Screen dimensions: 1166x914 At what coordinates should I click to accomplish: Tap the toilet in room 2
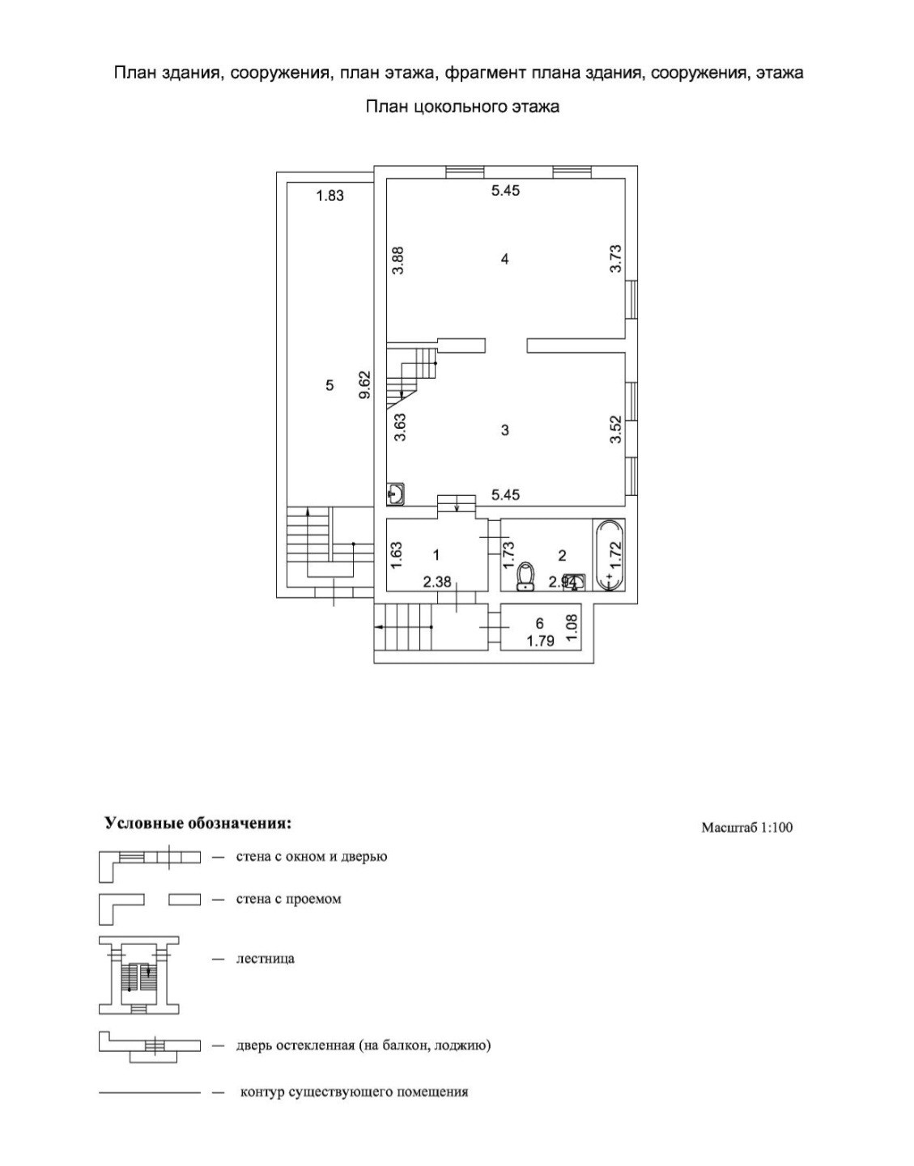pyautogui.click(x=526, y=575)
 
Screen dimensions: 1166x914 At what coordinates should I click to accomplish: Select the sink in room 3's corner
pyautogui.click(x=396, y=493)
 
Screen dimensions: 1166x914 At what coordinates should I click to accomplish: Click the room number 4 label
pyautogui.click(x=505, y=259)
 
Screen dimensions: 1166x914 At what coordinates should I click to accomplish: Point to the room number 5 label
pyautogui.click(x=329, y=385)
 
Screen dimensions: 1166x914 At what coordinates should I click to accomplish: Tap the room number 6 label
pyautogui.click(x=539, y=623)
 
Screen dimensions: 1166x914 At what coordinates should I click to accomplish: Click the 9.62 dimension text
pyautogui.click(x=365, y=384)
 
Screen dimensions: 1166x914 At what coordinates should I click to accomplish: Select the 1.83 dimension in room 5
pyautogui.click(x=330, y=195)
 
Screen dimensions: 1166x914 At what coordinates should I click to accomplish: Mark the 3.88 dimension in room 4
pyautogui.click(x=398, y=261)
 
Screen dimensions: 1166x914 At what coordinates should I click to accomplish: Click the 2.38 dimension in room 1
pyautogui.click(x=438, y=581)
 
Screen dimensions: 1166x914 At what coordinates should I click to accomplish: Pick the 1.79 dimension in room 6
pyautogui.click(x=540, y=642)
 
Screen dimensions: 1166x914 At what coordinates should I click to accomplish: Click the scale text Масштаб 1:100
pyautogui.click(x=746, y=827)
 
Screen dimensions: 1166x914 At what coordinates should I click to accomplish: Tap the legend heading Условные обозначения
pyautogui.click(x=198, y=823)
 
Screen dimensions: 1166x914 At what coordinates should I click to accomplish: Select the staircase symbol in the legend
pyautogui.click(x=138, y=976)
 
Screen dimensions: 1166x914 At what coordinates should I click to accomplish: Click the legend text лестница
pyautogui.click(x=265, y=959)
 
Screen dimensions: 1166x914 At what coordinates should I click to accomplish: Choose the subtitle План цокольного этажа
pyautogui.click(x=462, y=106)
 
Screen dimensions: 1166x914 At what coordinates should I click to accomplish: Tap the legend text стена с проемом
pyautogui.click(x=288, y=899)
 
